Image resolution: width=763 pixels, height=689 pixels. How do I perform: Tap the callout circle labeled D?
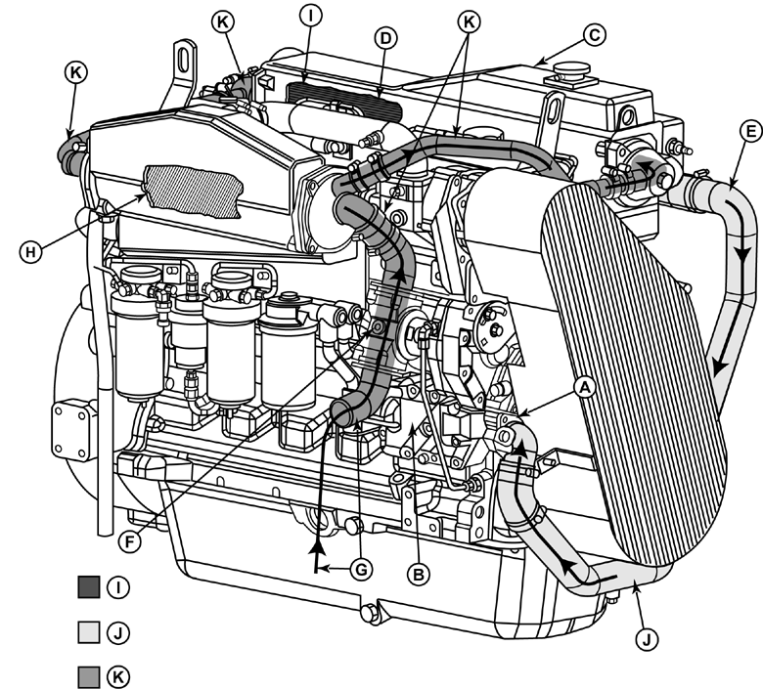tap(384, 38)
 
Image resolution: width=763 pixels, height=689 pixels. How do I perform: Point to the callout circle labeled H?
tap(31, 251)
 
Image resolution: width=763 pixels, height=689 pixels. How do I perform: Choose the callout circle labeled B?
tap(418, 575)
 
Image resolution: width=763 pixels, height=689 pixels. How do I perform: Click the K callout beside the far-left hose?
tap(75, 71)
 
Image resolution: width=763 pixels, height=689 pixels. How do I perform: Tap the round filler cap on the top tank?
tap(570, 74)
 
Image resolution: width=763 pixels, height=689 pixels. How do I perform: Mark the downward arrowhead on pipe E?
tap(721, 368)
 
